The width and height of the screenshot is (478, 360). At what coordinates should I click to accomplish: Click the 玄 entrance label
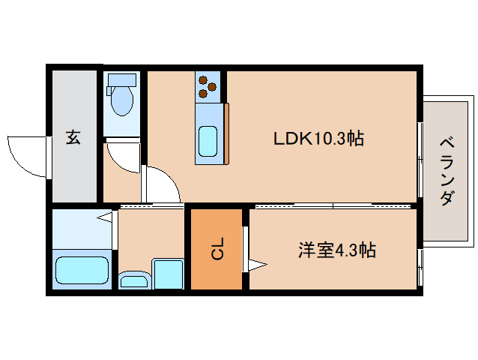pos(73,138)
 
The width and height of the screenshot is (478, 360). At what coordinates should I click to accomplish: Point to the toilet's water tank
pos(121,80)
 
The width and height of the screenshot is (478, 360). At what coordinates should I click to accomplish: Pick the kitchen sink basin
pos(208,140)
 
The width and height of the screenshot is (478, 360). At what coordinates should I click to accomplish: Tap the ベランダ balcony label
pos(447,171)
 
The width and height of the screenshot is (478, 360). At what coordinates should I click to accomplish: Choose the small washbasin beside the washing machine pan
pos(135,280)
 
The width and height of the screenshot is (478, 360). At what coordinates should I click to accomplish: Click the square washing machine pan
pos(168,274)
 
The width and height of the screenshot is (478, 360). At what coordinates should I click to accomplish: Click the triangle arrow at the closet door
pos(258,264)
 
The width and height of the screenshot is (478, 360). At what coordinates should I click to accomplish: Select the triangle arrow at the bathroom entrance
pos(106,218)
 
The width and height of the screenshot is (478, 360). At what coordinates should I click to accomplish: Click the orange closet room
pos(216,249)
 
